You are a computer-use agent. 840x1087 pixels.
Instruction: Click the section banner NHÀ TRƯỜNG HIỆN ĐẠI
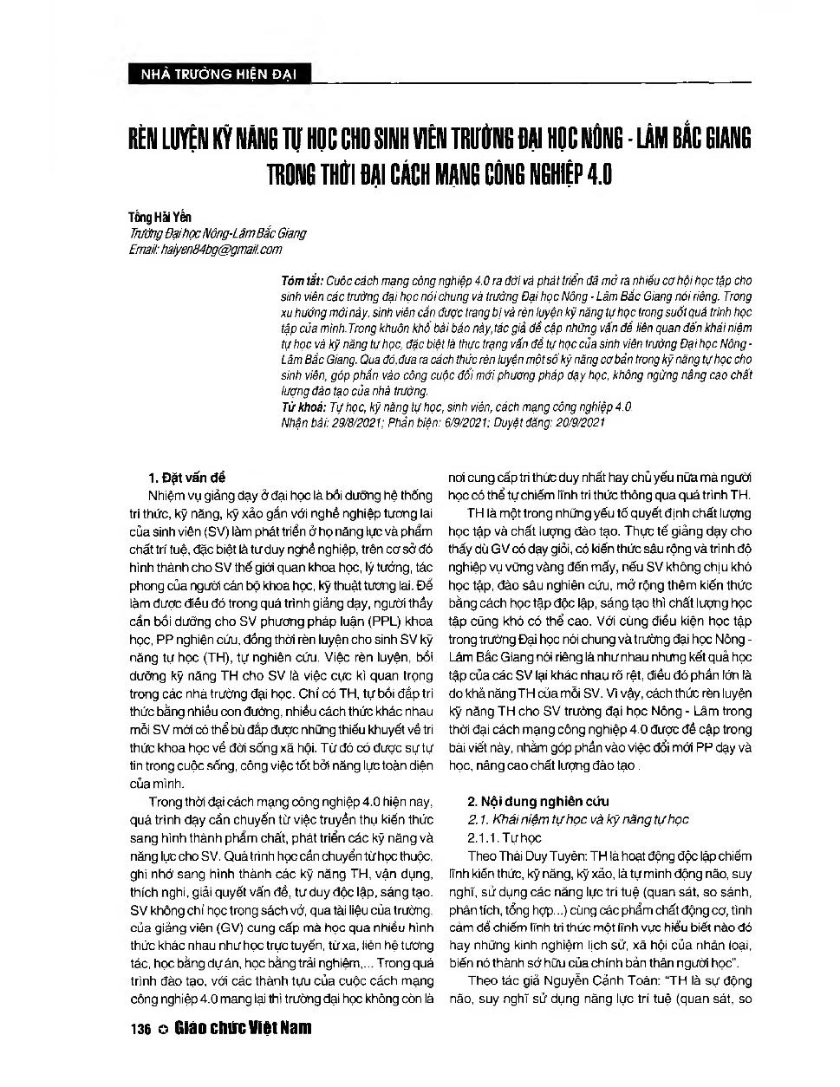tap(212, 75)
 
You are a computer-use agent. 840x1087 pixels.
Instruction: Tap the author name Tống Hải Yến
tap(160, 218)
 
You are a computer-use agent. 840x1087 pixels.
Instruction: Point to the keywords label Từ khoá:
tap(303, 407)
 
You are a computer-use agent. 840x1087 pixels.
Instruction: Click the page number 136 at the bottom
tap(139, 1030)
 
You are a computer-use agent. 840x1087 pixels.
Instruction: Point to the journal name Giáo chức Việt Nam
tap(242, 1029)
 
